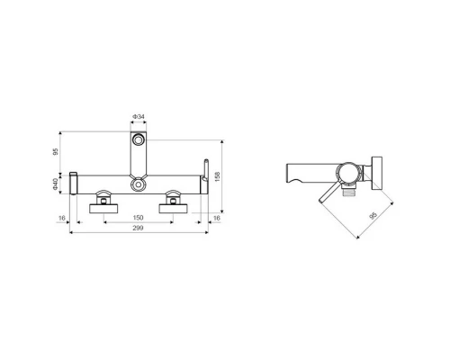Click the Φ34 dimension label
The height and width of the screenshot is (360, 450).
[139, 116]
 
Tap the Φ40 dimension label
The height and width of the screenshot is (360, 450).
[55, 184]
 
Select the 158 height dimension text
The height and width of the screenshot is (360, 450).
[218, 176]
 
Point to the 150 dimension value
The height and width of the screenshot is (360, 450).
[138, 218]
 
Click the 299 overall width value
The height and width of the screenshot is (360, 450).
[138, 228]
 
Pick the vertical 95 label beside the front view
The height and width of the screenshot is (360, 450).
[55, 152]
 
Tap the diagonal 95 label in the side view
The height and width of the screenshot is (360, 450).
[373, 216]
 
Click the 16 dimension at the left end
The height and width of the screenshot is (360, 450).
[62, 218]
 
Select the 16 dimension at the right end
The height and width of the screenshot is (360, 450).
[216, 218]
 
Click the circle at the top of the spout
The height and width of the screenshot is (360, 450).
[139, 139]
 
